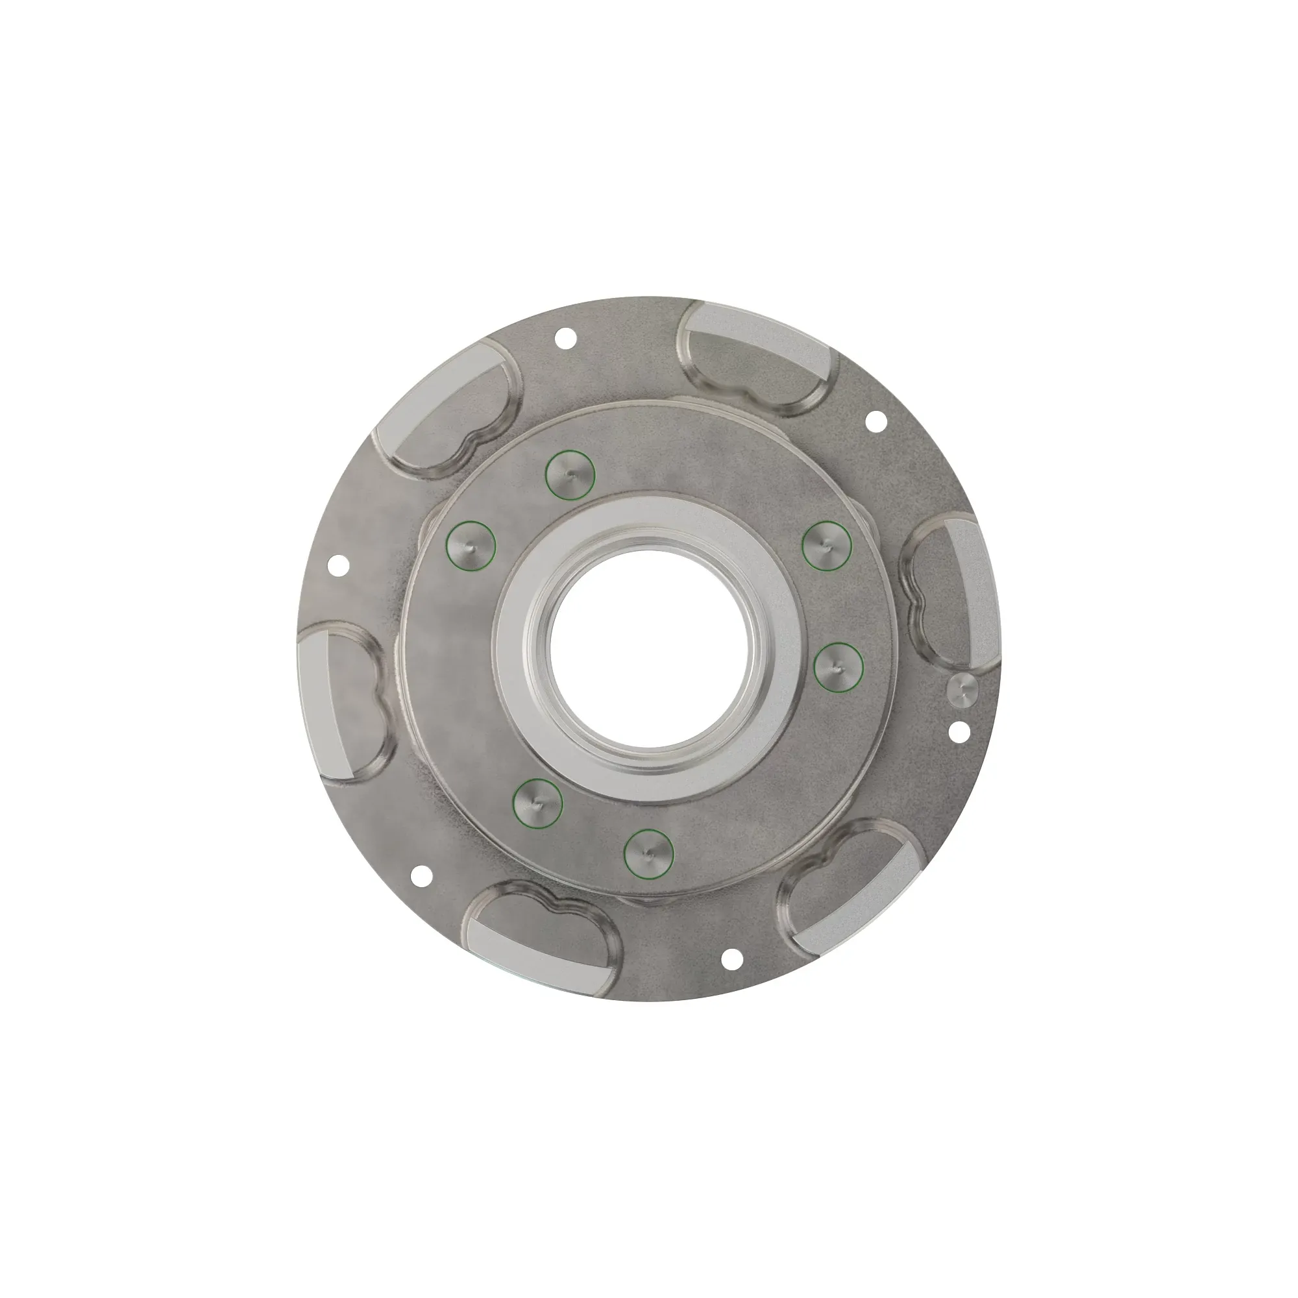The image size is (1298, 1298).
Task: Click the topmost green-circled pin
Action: [570, 474]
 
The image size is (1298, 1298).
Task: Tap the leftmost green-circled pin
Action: [471, 546]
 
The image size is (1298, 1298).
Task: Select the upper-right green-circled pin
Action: [827, 546]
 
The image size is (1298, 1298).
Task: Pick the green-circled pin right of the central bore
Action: [838, 667]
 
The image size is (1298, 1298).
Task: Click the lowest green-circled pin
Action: [648, 853]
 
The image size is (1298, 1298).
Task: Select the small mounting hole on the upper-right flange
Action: [876, 421]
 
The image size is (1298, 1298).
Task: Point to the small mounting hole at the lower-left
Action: [421, 874]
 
